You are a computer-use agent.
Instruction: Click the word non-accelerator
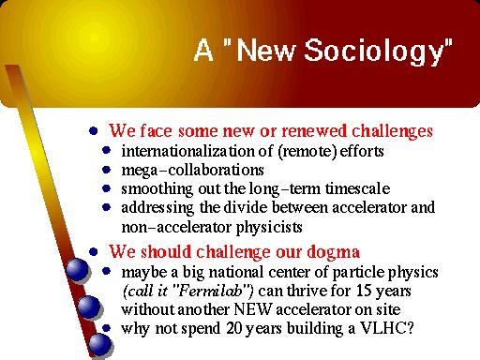coord(174,226)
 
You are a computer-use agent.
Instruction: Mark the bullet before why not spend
coord(109,328)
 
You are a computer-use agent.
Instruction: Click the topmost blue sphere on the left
coord(73,272)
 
